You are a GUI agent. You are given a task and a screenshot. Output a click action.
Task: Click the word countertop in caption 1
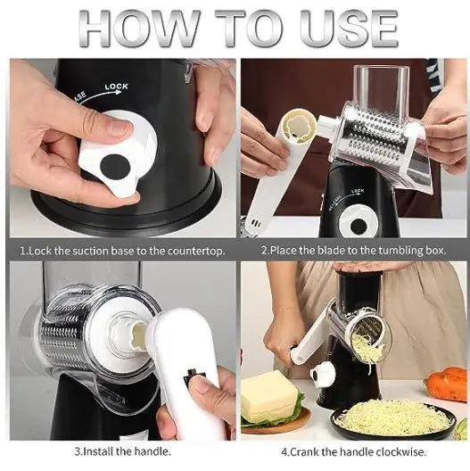pos(194,251)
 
